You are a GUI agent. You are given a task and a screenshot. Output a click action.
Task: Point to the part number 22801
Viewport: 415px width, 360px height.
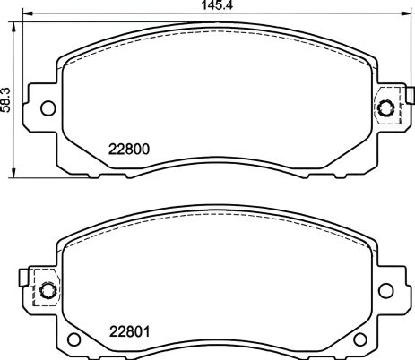point(128,330)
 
